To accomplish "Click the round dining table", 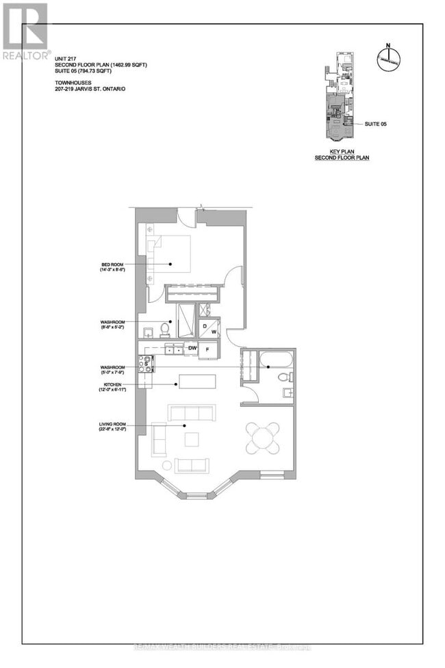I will click(x=264, y=436).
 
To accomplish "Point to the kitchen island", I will click(x=197, y=381).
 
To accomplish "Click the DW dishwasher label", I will click(x=193, y=349).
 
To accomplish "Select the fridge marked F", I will click(x=208, y=349).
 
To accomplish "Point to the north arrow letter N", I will click(x=387, y=47).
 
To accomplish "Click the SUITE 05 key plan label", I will click(x=376, y=124).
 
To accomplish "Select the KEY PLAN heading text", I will click(x=342, y=153).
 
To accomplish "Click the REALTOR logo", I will click(x=25, y=31).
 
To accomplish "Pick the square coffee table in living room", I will click(x=191, y=438).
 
